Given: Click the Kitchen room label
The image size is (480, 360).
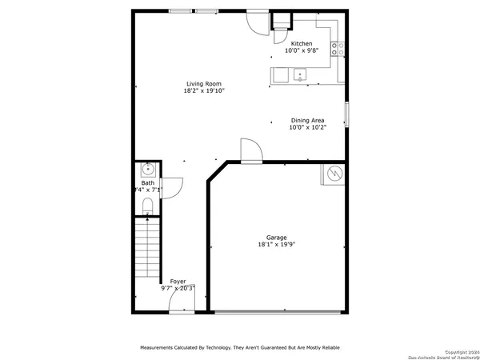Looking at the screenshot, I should [x=302, y=43].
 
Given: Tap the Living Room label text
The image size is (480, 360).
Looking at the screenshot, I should [x=203, y=83].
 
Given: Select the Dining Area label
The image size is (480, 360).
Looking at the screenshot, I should [x=306, y=120].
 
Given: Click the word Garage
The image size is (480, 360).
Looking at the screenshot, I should [x=277, y=238].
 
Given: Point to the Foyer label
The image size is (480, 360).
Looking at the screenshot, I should [x=178, y=282].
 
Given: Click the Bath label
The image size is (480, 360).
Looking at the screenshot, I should [x=148, y=183].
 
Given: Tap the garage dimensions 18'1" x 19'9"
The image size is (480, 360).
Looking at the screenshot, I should [x=277, y=246].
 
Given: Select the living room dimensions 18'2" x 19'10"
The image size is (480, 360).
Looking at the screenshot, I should [x=203, y=91].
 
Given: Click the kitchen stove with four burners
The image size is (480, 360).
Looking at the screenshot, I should [x=342, y=50].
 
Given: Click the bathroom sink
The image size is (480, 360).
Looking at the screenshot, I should [x=147, y=169].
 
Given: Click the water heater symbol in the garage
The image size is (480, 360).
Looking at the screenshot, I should [x=334, y=174].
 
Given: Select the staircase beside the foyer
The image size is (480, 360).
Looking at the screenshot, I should [x=146, y=248].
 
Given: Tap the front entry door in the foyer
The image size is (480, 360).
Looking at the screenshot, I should [x=182, y=310].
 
